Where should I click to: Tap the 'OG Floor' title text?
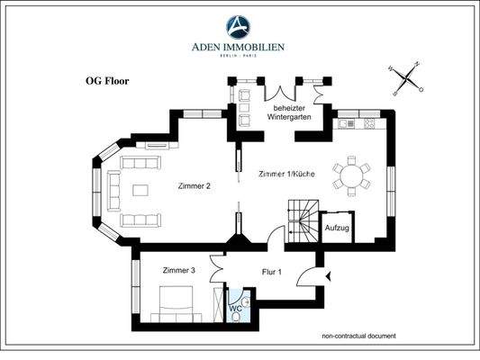coord(100,81)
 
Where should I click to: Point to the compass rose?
coord(405,77)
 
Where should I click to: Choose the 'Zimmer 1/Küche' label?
coord(290,172)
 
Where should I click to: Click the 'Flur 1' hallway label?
coord(272,270)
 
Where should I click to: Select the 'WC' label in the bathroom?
coord(235,308)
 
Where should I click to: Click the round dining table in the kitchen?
coord(351,172)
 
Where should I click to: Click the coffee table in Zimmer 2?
coord(144,190)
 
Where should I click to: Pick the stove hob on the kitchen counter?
coord(369,124)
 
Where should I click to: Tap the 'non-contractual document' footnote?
coord(358,337)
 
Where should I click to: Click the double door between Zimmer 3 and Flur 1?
coord(217,270)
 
